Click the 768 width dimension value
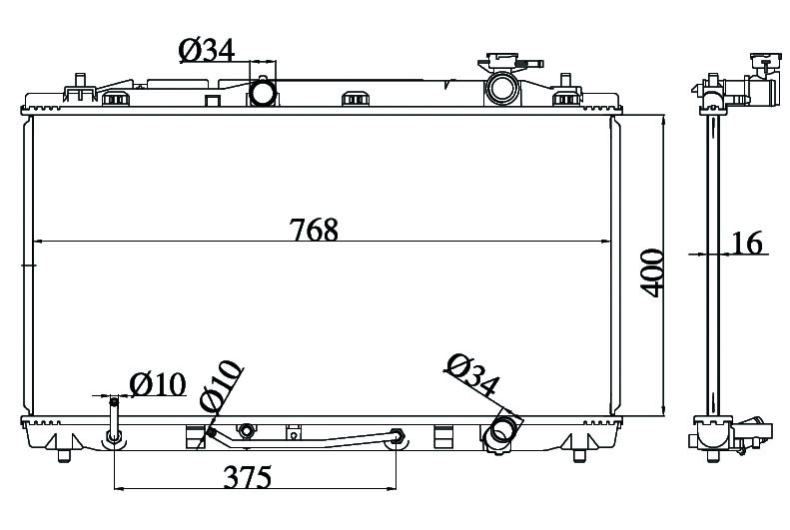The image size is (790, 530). click(314, 229)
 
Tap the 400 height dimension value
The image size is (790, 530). click(652, 272)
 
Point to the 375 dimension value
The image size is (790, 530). click(248, 477)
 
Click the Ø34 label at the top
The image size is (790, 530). click(207, 50)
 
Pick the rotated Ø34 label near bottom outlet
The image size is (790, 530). click(472, 375)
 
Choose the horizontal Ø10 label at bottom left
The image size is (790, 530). click(158, 384)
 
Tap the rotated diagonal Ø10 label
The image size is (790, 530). click(220, 385)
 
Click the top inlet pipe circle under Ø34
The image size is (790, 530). click(263, 92)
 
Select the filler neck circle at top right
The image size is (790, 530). click(502, 88)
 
